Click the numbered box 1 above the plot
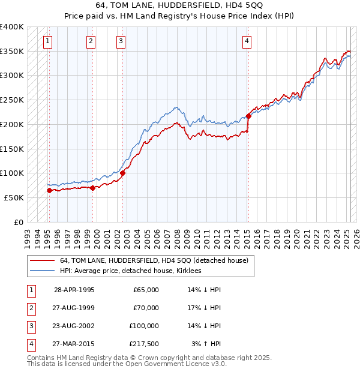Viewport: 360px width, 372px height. pos(47,41)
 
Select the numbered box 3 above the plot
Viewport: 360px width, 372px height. pos(121,41)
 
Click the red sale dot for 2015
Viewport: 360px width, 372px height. pos(248,116)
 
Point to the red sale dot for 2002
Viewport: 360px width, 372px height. pos(123,173)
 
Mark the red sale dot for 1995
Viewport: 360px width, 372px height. pos(50,190)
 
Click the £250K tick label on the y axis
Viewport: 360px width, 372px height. pos(12,100)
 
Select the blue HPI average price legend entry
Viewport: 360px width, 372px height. pos(130,271)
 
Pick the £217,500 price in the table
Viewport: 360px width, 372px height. pos(143,344)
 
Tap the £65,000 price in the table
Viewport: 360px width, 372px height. pos(146,290)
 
